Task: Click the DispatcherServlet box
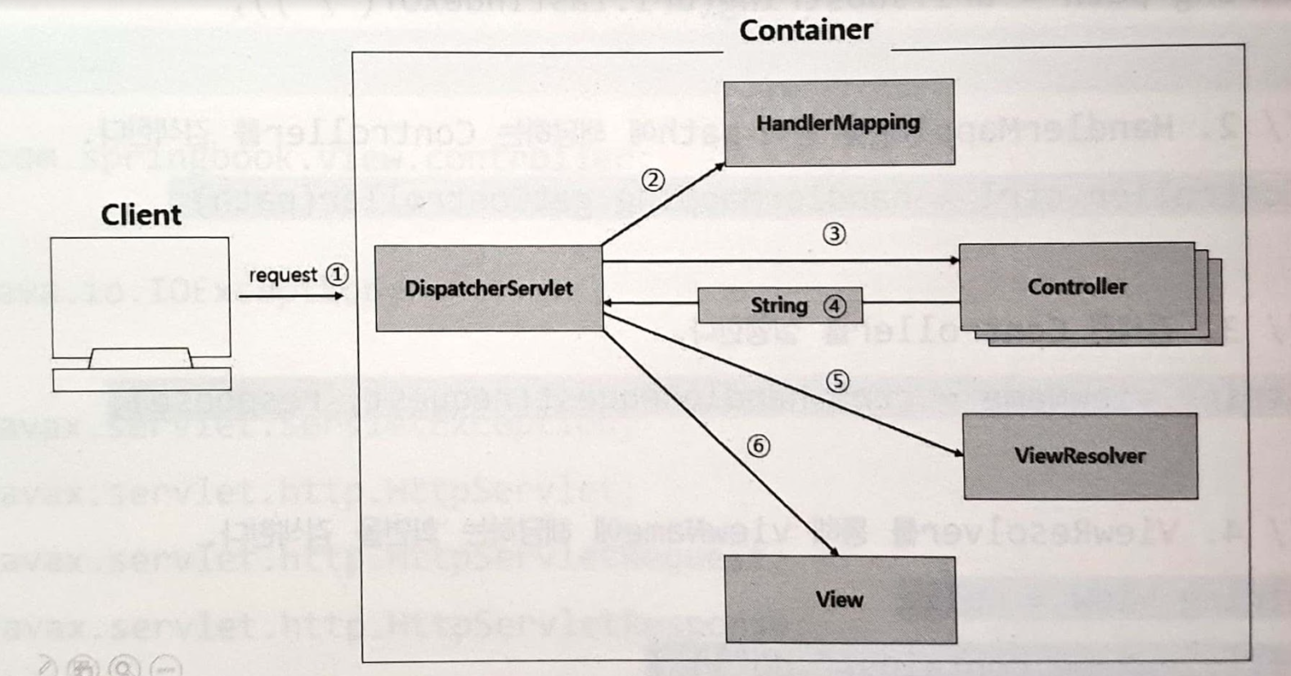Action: (488, 289)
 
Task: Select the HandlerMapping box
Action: (838, 123)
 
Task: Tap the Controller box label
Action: (1076, 287)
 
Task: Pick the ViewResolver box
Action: (1079, 456)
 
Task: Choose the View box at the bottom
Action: (840, 600)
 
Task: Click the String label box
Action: (779, 306)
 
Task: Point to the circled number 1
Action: (337, 275)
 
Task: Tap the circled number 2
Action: (652, 180)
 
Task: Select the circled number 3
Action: (834, 235)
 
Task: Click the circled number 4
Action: (835, 307)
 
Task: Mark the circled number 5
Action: (837, 381)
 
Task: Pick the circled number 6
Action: (758, 445)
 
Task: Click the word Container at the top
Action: (805, 30)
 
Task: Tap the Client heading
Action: (141, 215)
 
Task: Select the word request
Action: (283, 275)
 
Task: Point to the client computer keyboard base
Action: (141, 379)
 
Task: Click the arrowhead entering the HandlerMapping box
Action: (719, 167)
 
